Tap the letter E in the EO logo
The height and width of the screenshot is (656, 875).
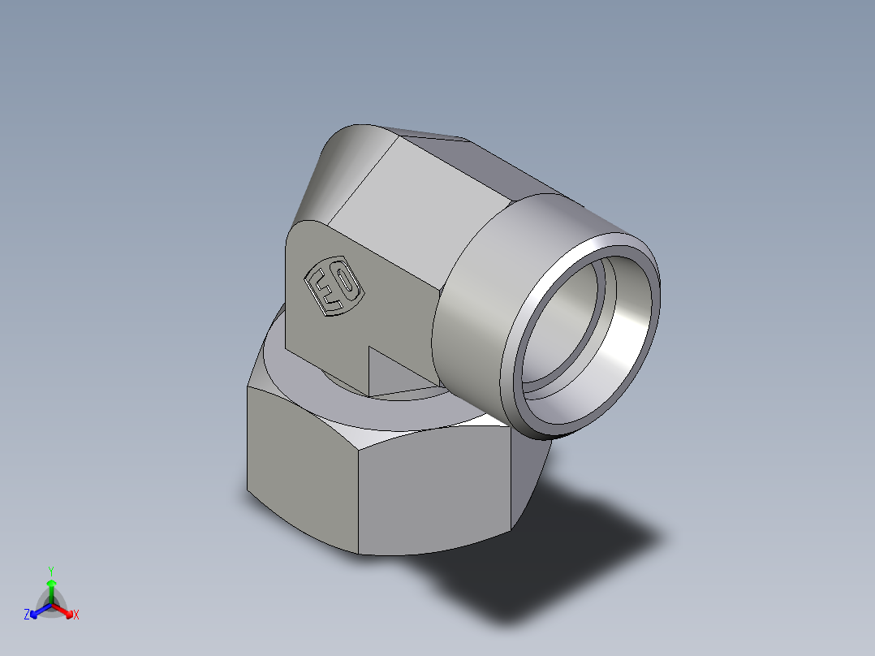(x=322, y=293)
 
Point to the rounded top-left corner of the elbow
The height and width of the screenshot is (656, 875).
(x=341, y=154)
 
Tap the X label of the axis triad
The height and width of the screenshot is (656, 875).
(x=76, y=615)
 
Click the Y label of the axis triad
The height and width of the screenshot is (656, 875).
(x=50, y=570)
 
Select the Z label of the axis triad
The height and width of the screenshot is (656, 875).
(x=27, y=615)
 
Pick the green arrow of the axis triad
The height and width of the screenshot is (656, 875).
(x=51, y=588)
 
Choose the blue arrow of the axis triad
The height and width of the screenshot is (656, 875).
(x=37, y=611)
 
